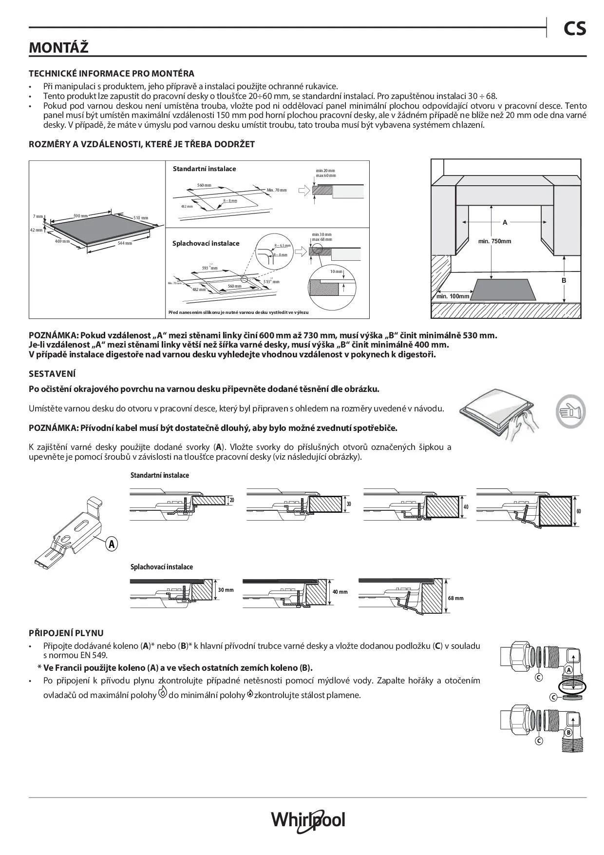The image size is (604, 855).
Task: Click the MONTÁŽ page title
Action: pos(58,48)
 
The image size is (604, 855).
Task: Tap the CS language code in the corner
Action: pos(575,29)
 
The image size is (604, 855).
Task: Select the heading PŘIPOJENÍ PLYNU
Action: pos(66,633)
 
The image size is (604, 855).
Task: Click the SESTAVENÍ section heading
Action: pos(52,374)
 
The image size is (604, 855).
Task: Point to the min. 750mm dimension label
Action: pos(494,241)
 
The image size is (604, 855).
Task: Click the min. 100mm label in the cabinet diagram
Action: pos(453,296)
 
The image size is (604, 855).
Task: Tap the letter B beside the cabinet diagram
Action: pos(564,280)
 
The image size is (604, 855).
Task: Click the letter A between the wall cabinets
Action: pos(505,222)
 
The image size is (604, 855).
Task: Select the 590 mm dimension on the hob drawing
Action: pos(80,216)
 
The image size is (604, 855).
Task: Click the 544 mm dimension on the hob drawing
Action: pos(125,243)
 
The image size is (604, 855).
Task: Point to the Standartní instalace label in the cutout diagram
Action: pos(204,169)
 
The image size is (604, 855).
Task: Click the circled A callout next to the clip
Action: pos(112,544)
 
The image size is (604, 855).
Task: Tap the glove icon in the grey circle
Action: pos(570,411)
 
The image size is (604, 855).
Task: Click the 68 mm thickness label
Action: pos(455,598)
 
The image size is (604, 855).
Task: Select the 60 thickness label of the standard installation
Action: pos(578,511)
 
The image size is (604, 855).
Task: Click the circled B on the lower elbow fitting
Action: pos(568,733)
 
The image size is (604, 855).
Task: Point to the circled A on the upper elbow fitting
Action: pos(568,670)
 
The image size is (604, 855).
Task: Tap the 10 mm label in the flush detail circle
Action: pos(336,272)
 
